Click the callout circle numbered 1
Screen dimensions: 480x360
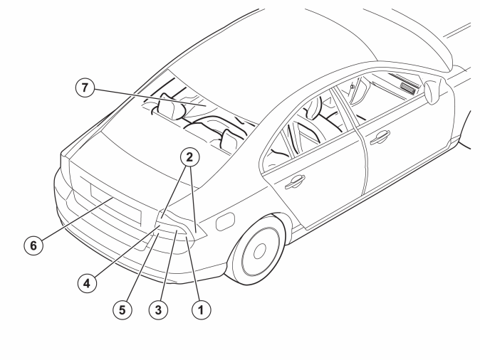point(201,310)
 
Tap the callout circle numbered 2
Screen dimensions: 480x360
point(190,157)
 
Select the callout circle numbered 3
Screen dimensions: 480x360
point(158,310)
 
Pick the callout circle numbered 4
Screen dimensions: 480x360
point(88,283)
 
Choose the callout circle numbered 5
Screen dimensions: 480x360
point(122,310)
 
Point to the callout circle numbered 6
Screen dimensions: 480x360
point(33,245)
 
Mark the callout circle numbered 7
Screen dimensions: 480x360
point(85,88)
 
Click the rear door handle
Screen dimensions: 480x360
point(295,181)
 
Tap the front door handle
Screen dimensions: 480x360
point(380,137)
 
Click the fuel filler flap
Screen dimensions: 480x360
point(225,221)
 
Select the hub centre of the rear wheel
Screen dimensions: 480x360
point(260,251)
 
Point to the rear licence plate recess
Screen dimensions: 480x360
point(115,203)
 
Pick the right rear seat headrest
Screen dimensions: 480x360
point(229,139)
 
